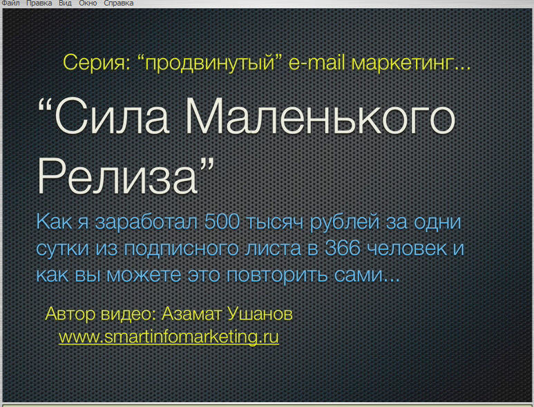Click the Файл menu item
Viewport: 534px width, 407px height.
coord(10,3)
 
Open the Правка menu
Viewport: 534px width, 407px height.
coord(39,3)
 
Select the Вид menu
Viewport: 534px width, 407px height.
coord(65,3)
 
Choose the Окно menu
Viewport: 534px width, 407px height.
coord(88,3)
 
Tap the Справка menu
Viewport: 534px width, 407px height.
coord(119,3)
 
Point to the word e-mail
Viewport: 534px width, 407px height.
coord(316,63)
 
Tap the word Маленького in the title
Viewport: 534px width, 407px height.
coord(320,116)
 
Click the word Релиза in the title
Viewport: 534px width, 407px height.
coord(117,176)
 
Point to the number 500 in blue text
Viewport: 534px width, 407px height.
coord(222,221)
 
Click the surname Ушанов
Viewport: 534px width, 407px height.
coord(260,313)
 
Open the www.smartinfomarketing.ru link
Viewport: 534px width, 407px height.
coord(169,337)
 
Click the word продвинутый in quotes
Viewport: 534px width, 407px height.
coord(210,64)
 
